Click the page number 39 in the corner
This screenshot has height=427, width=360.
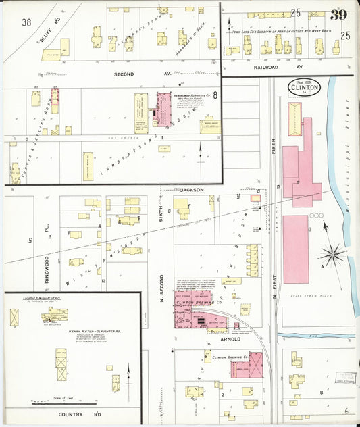(339, 15)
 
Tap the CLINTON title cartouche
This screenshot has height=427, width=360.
(299, 88)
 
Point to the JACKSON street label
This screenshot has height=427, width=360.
(192, 190)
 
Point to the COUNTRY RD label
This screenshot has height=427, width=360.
(79, 413)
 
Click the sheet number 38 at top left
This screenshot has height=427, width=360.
(26, 22)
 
